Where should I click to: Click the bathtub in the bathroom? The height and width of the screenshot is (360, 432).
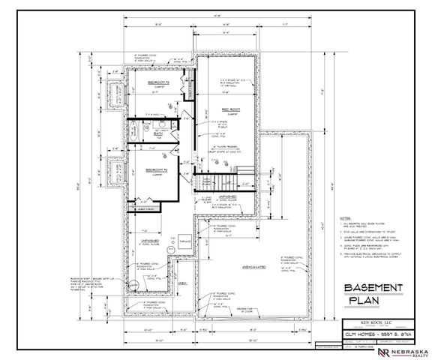pos(138,131)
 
